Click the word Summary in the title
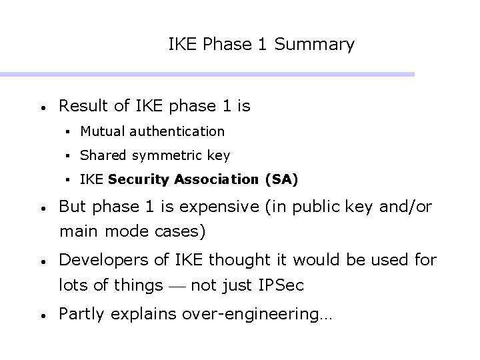(314, 45)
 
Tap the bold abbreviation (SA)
(281, 179)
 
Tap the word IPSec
(280, 286)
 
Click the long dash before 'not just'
(176, 287)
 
